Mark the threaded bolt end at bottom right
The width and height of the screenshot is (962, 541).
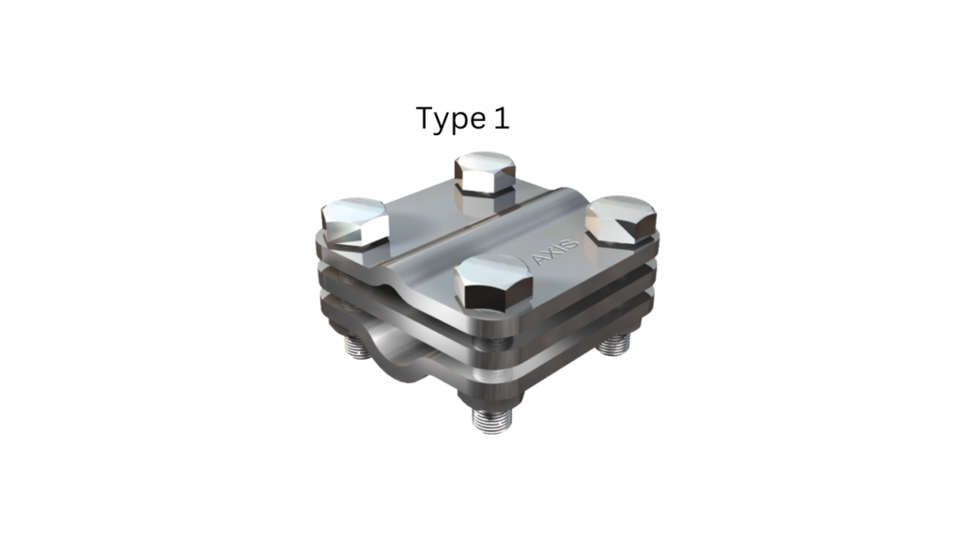click(x=614, y=345)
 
